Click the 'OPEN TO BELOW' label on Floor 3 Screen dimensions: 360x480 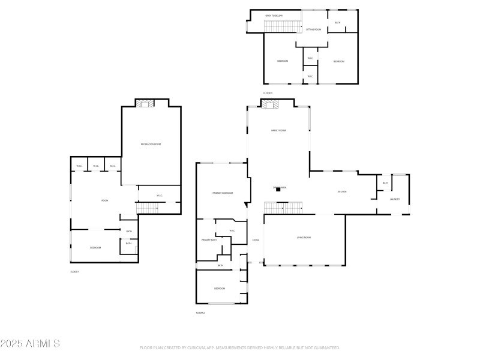point(274,16)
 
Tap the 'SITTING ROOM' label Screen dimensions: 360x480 point(313,29)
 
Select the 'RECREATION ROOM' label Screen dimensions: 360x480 point(151,145)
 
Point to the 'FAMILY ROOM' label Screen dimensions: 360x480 point(278,130)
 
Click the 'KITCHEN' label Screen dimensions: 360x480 point(342,192)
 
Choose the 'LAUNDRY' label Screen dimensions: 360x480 point(395,199)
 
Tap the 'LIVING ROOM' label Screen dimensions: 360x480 point(304,238)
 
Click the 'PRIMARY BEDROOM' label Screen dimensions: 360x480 point(222,193)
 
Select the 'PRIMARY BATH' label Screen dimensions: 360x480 point(209,240)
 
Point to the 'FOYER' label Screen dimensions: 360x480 point(256,241)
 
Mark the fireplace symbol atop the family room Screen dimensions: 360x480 point(270,104)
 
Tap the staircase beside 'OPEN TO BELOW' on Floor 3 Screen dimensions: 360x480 point(282,26)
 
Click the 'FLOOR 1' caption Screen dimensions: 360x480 point(74,272)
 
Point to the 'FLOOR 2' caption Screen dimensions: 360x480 point(200,313)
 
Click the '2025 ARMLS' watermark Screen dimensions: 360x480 point(30,344)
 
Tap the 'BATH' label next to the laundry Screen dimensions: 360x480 point(385,183)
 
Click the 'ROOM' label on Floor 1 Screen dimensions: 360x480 point(104,200)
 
